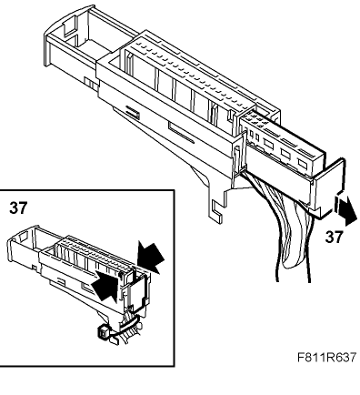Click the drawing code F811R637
[x=326, y=357]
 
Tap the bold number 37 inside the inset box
[x=18, y=208]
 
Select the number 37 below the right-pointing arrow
[x=335, y=237]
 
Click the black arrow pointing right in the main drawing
[x=345, y=209]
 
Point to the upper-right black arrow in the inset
[x=150, y=257]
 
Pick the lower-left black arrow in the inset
[x=105, y=286]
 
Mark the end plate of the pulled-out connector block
[x=329, y=189]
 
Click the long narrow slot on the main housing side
[x=181, y=133]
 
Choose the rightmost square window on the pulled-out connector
[x=303, y=163]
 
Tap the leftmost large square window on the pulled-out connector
[x=268, y=144]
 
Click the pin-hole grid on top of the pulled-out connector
[x=257, y=119]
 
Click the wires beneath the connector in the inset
[x=127, y=329]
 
